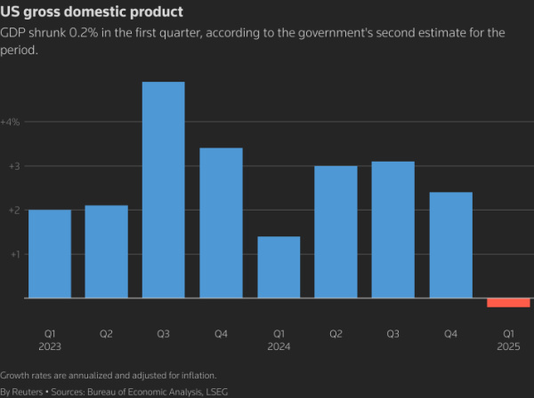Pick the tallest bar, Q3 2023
(164, 190)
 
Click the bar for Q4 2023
(221, 223)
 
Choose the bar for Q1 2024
(279, 267)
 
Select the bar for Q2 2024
(336, 232)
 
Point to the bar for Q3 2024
(393, 229)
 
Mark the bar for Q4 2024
(450, 245)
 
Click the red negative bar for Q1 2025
(508, 303)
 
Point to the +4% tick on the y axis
(11, 122)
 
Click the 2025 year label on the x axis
(508, 348)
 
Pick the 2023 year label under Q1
(50, 348)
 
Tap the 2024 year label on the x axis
(279, 348)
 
